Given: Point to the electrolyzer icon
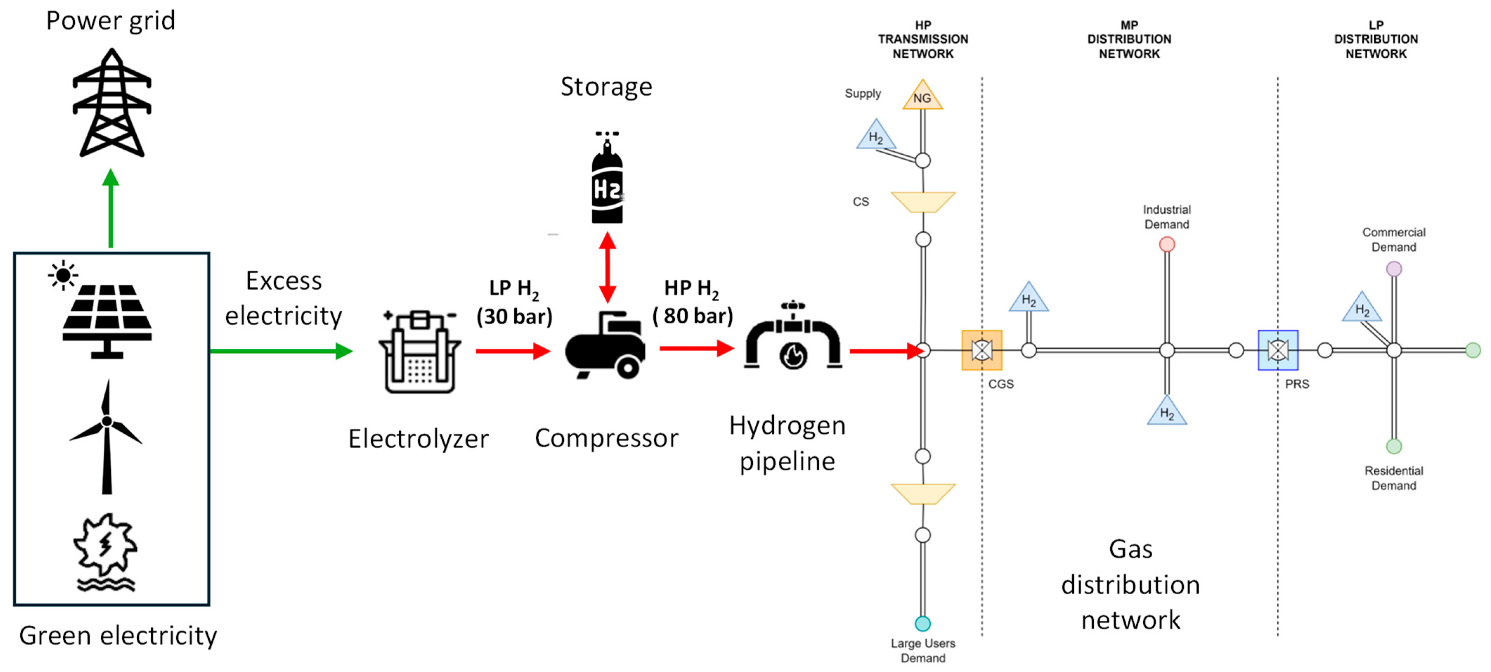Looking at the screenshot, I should (x=419, y=351).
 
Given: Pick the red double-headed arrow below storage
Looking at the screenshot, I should (x=607, y=267).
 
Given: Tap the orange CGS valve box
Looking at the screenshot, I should (x=982, y=350).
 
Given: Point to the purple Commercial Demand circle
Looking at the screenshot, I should (x=1394, y=269).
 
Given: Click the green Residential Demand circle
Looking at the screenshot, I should (x=1394, y=446).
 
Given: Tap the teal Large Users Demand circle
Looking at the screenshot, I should (x=923, y=623).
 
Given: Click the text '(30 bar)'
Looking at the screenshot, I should (x=514, y=317).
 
